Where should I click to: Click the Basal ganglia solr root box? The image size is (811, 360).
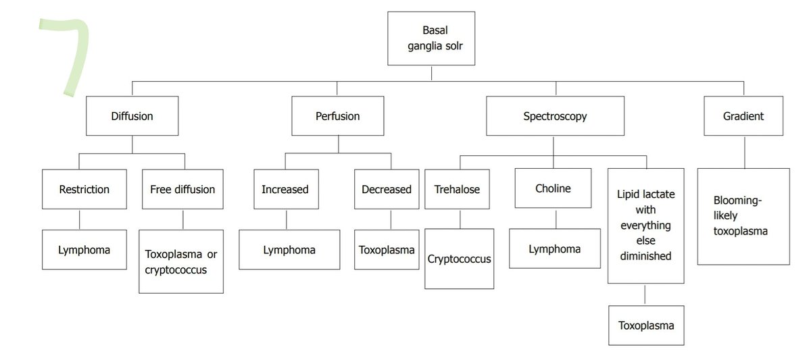[x=431, y=38]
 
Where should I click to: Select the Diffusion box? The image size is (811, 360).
[x=132, y=116]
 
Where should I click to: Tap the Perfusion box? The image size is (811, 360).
[x=337, y=116]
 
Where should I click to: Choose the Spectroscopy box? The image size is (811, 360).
[x=555, y=116]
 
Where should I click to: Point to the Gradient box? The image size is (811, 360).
[x=743, y=116]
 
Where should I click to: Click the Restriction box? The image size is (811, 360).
[x=84, y=189]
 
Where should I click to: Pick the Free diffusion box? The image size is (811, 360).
[x=182, y=189]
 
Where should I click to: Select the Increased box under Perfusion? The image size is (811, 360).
[x=285, y=189]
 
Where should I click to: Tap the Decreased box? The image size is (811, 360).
[x=387, y=189]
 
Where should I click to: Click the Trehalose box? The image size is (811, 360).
[x=457, y=189]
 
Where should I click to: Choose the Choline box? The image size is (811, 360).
[x=553, y=188]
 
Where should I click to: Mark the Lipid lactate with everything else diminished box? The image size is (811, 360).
[x=645, y=225]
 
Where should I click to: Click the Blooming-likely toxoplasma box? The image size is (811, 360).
[x=743, y=216]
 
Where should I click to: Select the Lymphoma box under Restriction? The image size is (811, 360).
[x=84, y=250]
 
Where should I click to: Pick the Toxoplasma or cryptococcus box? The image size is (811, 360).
[x=180, y=262]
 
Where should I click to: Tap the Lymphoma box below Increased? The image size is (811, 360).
[x=289, y=250]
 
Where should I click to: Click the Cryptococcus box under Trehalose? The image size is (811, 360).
[x=459, y=259]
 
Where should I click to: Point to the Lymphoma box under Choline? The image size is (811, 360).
[x=554, y=249]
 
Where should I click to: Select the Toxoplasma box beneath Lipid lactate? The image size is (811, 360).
[x=646, y=325]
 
